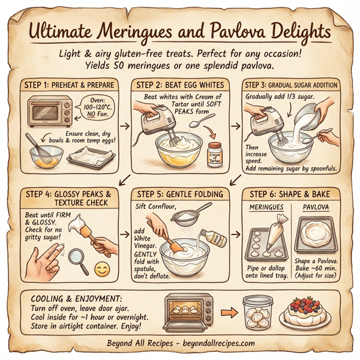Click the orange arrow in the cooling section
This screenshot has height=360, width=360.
(227, 313)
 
